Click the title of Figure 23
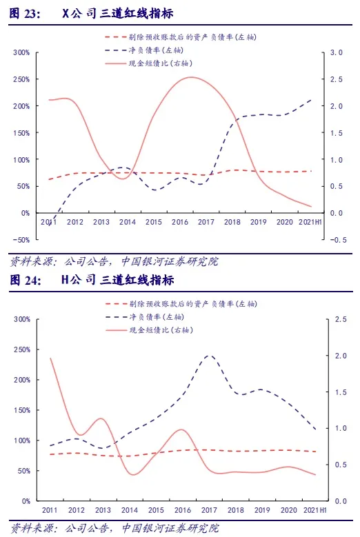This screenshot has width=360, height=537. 91,13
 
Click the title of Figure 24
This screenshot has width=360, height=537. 92,280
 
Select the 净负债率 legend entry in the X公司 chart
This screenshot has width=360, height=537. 144,50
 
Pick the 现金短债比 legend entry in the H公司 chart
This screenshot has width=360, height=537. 150,330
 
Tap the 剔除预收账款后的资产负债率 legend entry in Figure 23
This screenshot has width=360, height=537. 181,37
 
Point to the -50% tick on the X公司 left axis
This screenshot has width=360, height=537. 21,240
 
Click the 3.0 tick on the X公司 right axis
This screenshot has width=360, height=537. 336,52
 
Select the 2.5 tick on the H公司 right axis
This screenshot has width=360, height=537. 341,319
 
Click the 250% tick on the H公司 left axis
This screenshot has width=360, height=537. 22,349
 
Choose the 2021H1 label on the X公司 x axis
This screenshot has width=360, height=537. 310,222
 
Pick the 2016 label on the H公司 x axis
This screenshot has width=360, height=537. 183,510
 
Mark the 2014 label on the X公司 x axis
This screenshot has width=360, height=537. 128,222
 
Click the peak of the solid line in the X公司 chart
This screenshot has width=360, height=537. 191,77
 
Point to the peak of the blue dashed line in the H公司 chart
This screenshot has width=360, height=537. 209,356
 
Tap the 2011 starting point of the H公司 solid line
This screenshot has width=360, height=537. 51,358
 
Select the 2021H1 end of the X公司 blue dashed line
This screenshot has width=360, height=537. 311,100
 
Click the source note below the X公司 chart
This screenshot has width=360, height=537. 114,262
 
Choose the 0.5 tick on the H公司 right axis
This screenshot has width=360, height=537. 341,465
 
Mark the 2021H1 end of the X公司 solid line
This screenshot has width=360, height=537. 311,207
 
